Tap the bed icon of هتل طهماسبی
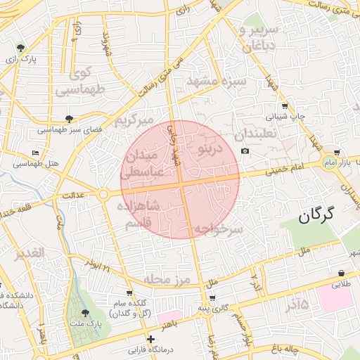click(35, 153)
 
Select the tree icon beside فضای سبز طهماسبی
click(68, 119)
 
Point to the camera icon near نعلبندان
click(245, 151)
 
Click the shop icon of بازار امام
click(337, 153)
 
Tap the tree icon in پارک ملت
click(85, 313)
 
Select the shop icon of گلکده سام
click(129, 293)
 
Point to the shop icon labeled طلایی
click(341, 273)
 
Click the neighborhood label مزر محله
click(167, 279)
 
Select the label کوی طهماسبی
click(79, 81)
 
